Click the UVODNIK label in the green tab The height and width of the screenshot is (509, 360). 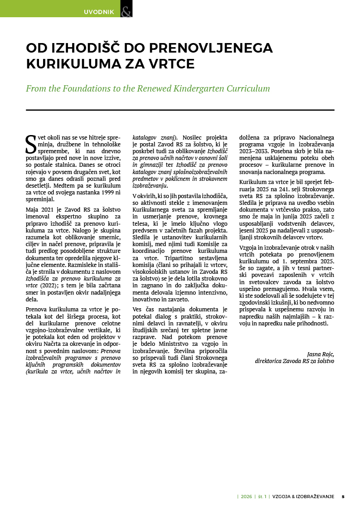click(98, 12)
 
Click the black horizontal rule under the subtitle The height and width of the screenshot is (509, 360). click(180, 110)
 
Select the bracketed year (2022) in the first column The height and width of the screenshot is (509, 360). click(46, 286)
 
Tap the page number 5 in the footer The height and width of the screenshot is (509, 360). click(343, 496)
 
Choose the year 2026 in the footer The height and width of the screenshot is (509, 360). click(246, 496)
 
